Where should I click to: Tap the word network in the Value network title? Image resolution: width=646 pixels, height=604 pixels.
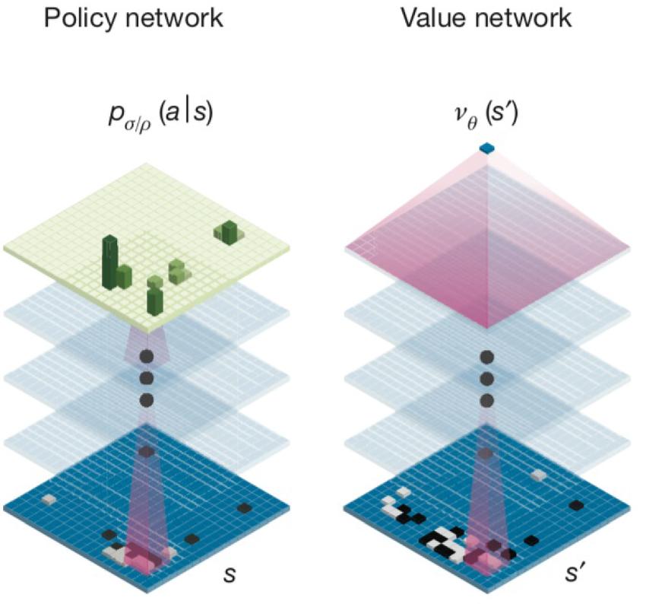pos(522,18)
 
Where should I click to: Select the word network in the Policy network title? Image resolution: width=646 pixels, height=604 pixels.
pos(172,18)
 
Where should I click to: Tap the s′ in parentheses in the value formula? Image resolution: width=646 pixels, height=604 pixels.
pos(500,113)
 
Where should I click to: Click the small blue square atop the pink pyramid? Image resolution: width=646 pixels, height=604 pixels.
pos(487,148)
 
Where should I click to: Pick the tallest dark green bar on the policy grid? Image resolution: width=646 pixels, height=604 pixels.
pos(110,262)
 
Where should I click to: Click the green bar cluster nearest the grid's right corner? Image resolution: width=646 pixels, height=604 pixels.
pos(228,232)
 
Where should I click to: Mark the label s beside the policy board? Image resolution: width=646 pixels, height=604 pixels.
pos(230,574)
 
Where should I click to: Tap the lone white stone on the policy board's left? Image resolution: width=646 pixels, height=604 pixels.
pos(49,499)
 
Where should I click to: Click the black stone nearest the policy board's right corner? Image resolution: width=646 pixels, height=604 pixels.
pos(244,507)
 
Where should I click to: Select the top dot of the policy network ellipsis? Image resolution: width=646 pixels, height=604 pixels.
pos(147,356)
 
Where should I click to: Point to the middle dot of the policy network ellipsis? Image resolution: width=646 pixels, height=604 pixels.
pos(147,378)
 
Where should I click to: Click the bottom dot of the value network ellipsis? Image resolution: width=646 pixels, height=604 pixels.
pos(487,400)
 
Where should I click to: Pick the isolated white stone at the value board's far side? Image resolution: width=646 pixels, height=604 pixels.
pos(539,475)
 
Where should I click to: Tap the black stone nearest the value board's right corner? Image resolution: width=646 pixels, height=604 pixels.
pos(576,504)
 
